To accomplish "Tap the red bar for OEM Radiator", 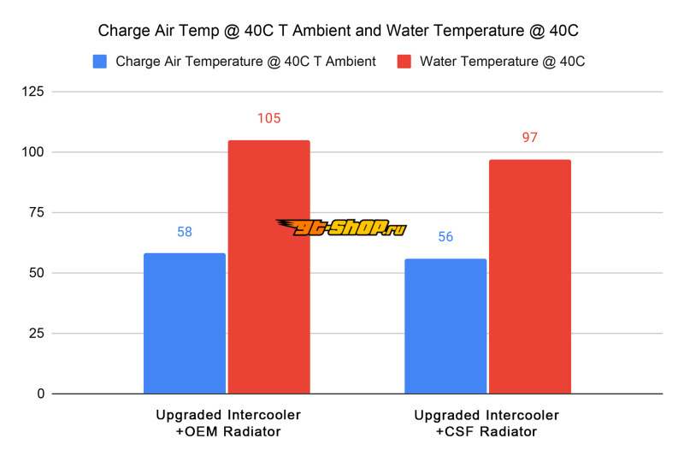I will point(268,267).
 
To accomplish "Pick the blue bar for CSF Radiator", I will point(445,326).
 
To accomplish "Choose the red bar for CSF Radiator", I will point(529,276).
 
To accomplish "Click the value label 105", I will point(268,119).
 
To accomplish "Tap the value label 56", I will point(445,237).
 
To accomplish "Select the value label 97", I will point(529,138).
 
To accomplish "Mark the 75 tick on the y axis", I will point(35,213).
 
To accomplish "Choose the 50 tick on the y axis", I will point(35,273).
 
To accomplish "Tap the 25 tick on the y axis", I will point(35,334).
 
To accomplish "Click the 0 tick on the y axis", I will point(39,394).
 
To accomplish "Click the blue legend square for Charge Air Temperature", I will point(99,62).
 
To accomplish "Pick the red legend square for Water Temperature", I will point(404,62).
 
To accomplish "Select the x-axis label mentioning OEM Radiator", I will point(227,423).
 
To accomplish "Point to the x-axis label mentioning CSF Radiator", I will point(486,423).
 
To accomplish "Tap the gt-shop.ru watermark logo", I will point(341,227).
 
